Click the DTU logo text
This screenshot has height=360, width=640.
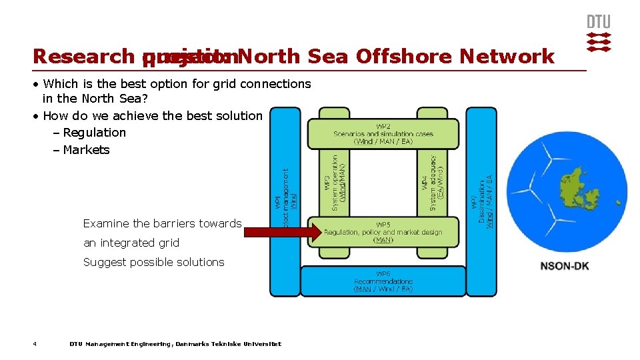click(598, 21)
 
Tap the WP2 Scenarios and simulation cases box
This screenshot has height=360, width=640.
click(383, 133)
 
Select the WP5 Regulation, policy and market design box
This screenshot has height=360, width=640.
click(383, 232)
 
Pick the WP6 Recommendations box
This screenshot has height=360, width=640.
click(383, 281)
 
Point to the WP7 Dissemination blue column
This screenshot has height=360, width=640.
click(481, 200)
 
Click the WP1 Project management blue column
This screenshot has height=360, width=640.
click(285, 200)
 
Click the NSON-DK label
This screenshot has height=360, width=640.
click(565, 266)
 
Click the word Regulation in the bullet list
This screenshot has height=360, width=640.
click(94, 133)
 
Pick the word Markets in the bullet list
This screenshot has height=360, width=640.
click(86, 150)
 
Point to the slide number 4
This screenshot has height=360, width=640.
click(35, 344)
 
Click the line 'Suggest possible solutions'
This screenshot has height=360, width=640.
click(153, 262)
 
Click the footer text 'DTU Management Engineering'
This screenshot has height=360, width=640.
click(121, 344)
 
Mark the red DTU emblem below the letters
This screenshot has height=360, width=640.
click(598, 41)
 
